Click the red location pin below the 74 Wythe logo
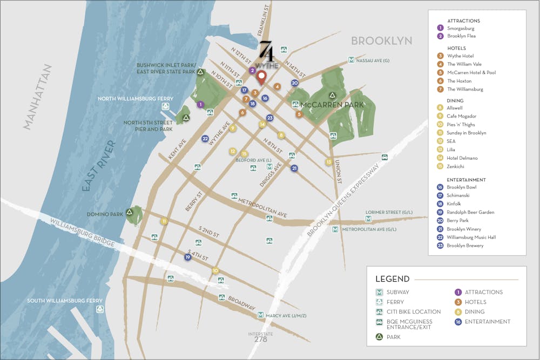click(262, 77)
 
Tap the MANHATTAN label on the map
click(38, 97)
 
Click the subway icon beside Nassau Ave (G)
click(352, 60)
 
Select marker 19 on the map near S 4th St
click(188, 257)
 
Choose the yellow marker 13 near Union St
click(328, 162)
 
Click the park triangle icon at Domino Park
click(129, 213)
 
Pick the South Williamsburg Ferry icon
click(99, 309)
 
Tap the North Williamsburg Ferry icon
click(165, 107)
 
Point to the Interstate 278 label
click(260, 337)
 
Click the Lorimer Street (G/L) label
click(392, 212)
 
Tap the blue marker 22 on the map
click(205, 139)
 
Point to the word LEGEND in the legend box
click(393, 279)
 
